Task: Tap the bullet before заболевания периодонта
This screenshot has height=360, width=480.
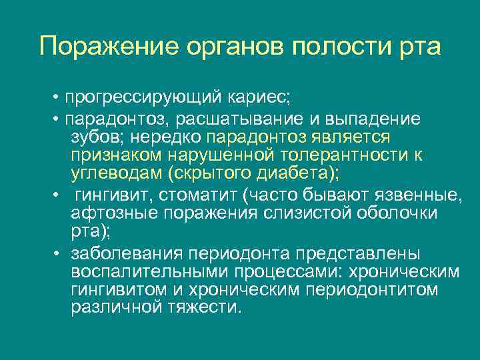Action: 59,254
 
